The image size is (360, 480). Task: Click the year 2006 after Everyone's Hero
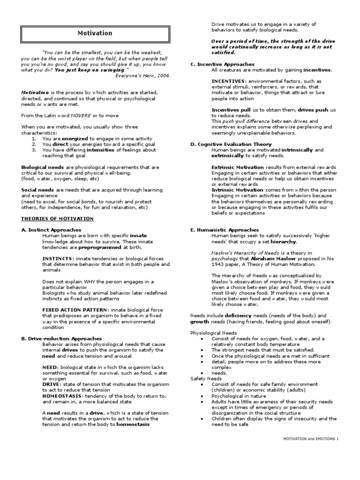pos(162,75)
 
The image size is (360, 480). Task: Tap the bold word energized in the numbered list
pos(75,139)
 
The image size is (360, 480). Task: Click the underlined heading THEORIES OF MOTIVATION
pos(57,218)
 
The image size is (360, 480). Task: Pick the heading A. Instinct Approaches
pos(51,230)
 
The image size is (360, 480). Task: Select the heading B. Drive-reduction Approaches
pos(61,338)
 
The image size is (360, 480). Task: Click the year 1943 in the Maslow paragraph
pos(218,264)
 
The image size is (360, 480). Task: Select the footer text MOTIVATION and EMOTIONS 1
pos(310,438)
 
